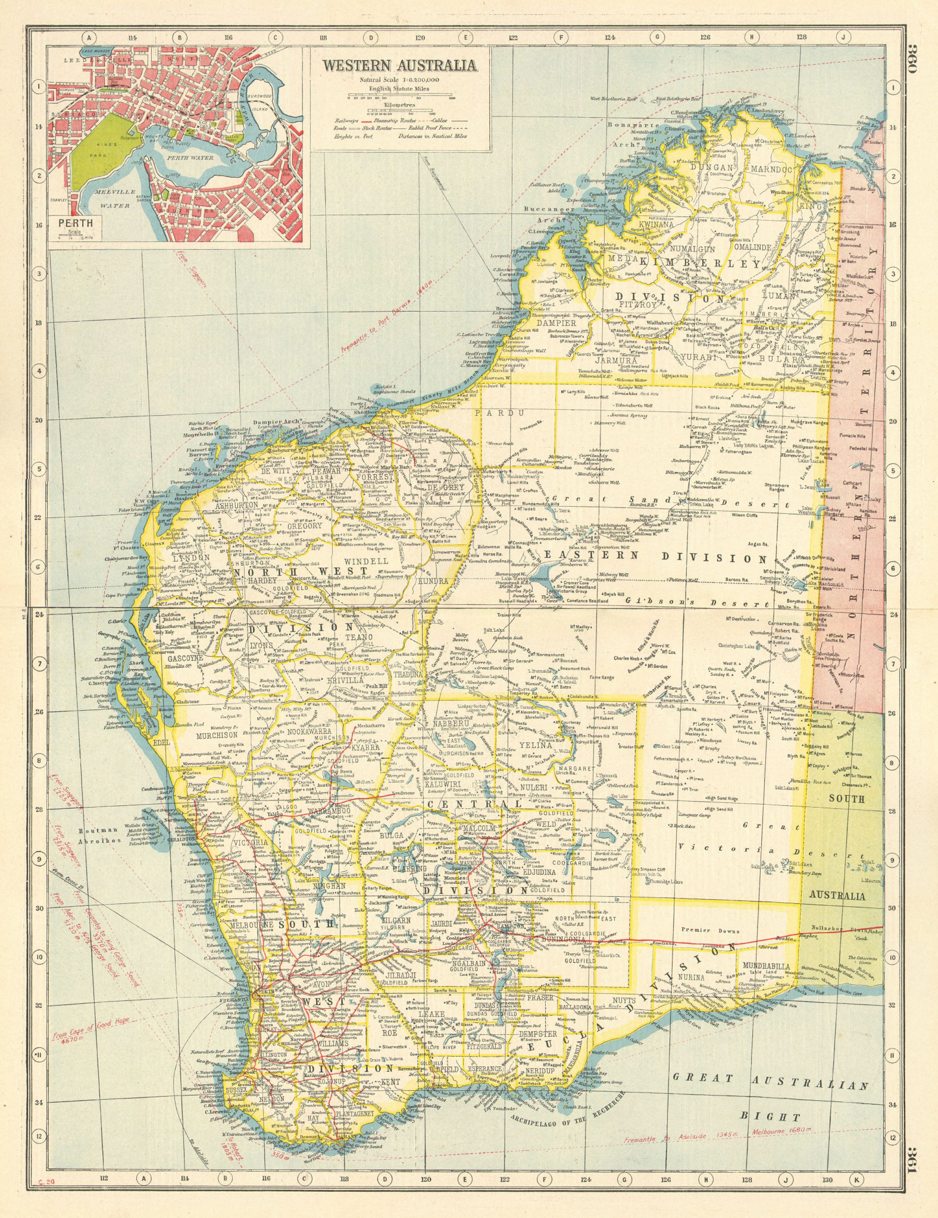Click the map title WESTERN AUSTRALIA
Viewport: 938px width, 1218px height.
tap(399, 65)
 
